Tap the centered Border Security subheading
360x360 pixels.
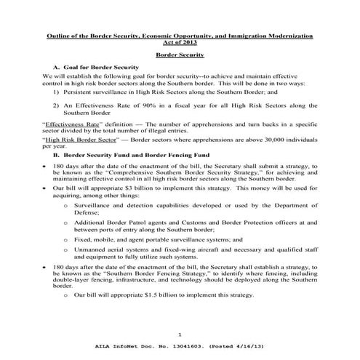pos(180,55)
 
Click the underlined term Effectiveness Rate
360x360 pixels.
pos(68,125)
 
